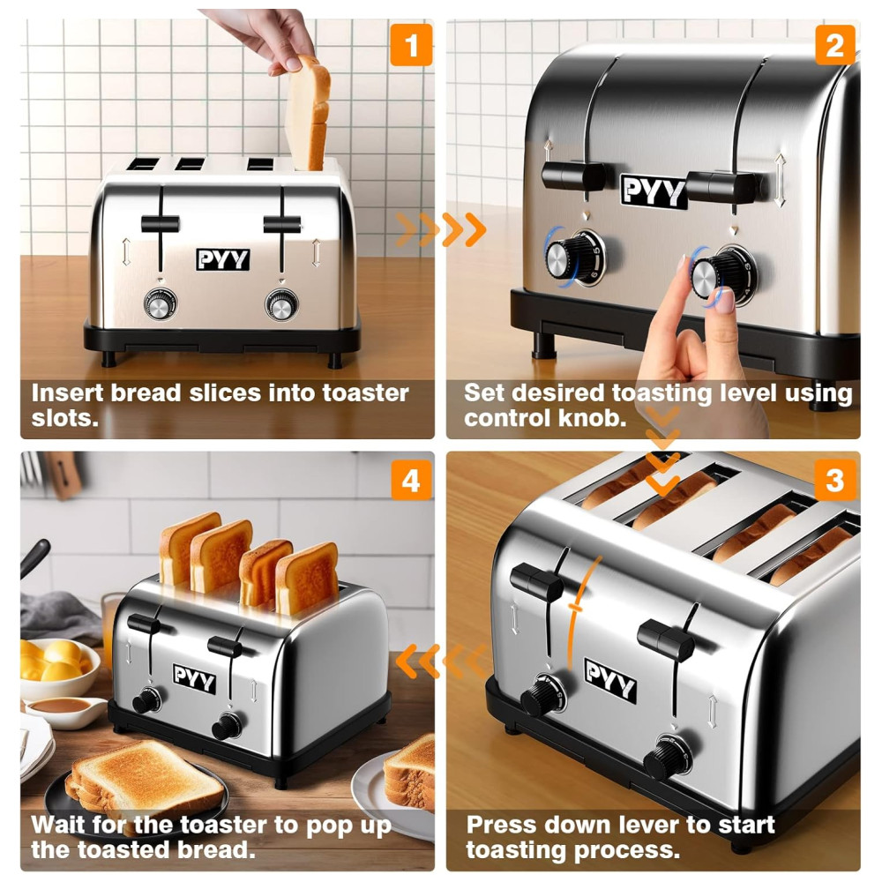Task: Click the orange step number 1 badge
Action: [x=411, y=45]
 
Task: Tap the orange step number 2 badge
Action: [x=835, y=45]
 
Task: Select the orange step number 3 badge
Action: [x=835, y=481]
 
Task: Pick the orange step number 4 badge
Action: [x=411, y=481]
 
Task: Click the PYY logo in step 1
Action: [x=223, y=259]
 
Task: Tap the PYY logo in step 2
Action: [x=654, y=191]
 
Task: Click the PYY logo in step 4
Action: [x=194, y=678]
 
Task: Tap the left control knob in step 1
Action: [x=161, y=304]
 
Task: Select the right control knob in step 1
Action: [x=282, y=304]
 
